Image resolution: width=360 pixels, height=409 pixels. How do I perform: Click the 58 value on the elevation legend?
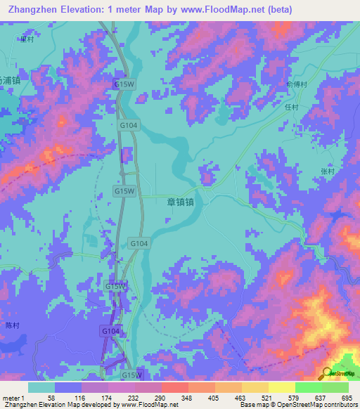pyautogui.click(x=51, y=397)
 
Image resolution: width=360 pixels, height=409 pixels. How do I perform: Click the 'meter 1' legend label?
pyautogui.click(x=13, y=397)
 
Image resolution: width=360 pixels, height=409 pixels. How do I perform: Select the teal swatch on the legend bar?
pyautogui.click(x=41, y=387)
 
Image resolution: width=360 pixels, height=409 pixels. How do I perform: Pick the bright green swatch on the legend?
pyautogui.click(x=309, y=387)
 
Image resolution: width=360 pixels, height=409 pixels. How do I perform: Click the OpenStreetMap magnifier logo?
pyautogui.click(x=326, y=373)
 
